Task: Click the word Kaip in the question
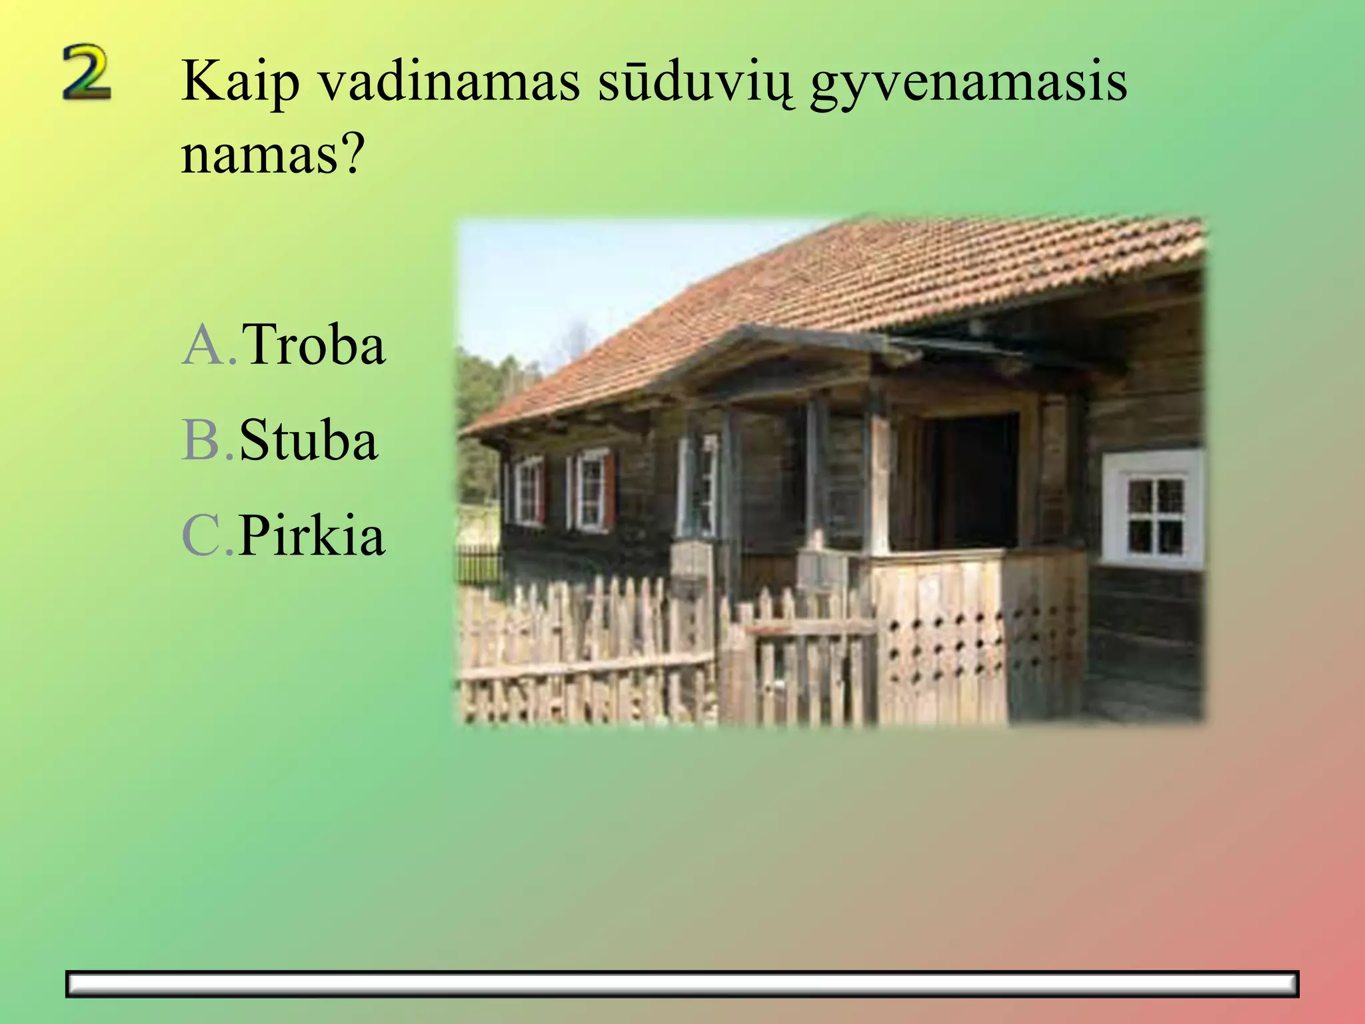[240, 81]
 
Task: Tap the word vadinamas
[449, 81]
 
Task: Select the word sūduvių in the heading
[695, 81]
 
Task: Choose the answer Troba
[313, 345]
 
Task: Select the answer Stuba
[309, 440]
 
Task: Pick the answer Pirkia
[312, 535]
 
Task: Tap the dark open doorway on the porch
[976, 480]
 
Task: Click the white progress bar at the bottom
[682, 984]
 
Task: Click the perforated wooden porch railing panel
[966, 640]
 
